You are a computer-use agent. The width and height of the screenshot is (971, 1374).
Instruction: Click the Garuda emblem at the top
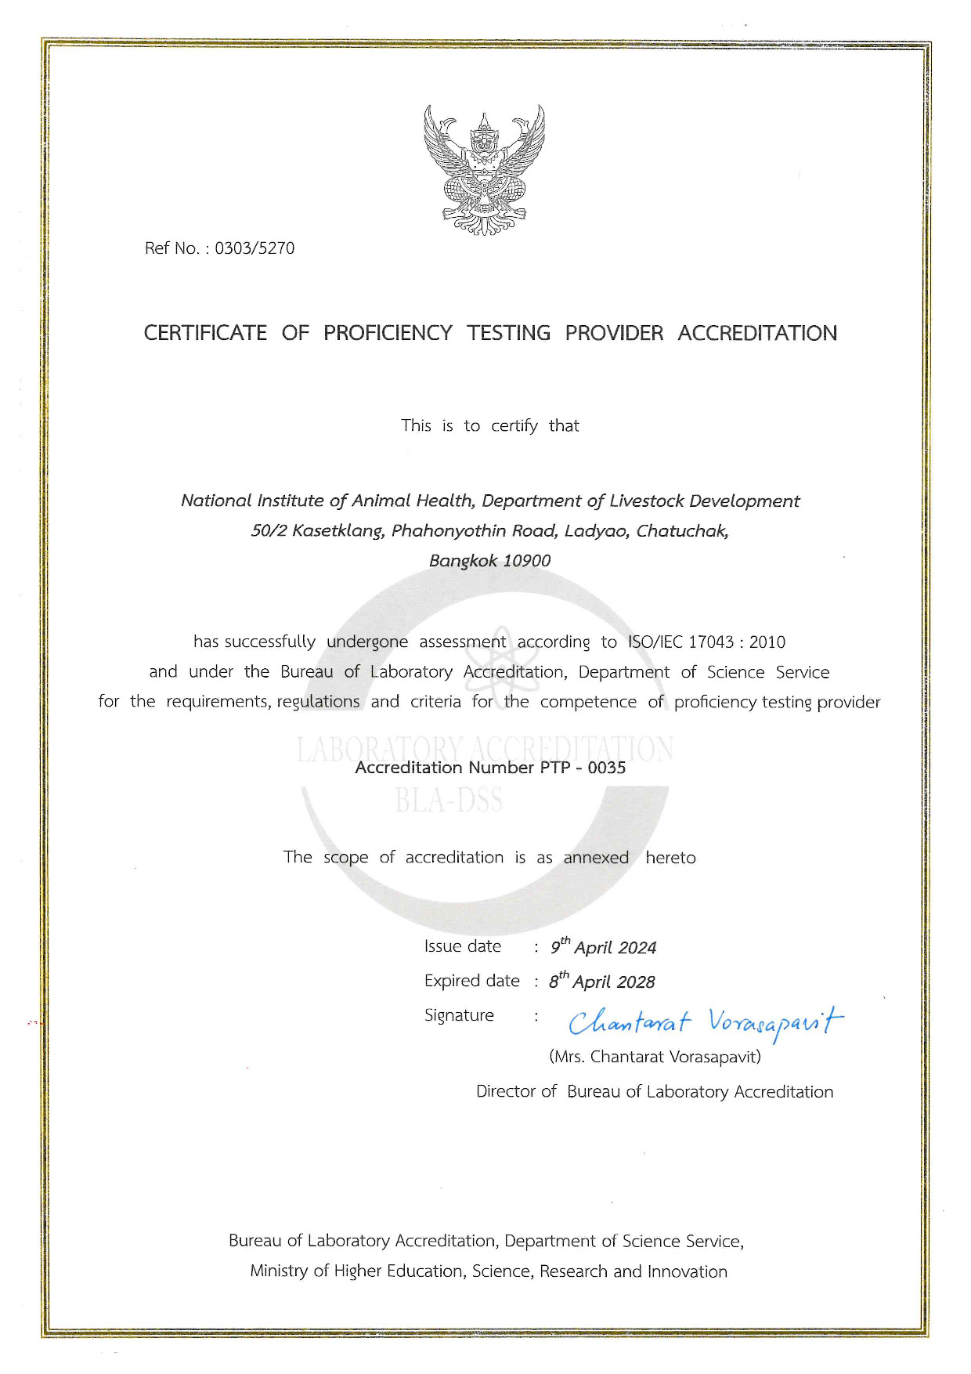pyautogui.click(x=485, y=170)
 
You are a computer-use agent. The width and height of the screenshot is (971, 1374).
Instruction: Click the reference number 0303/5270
pyautogui.click(x=254, y=248)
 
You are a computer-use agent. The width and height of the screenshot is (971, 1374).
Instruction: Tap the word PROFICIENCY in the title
pyautogui.click(x=388, y=333)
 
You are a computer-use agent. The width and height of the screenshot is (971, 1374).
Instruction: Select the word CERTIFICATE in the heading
pyautogui.click(x=205, y=333)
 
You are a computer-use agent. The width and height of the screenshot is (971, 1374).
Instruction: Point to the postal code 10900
pyautogui.click(x=526, y=561)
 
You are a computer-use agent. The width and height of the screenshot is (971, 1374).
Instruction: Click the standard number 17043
pyautogui.click(x=710, y=642)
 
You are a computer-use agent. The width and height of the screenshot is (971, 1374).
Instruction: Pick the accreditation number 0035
pyautogui.click(x=607, y=768)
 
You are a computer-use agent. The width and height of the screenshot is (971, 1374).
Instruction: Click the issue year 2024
pyautogui.click(x=636, y=948)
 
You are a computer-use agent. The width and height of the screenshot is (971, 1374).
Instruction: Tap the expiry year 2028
pyautogui.click(x=634, y=982)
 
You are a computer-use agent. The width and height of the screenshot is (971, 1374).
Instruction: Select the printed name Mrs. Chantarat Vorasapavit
pyautogui.click(x=655, y=1057)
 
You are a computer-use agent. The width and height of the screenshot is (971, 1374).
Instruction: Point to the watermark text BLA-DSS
pyautogui.click(x=449, y=801)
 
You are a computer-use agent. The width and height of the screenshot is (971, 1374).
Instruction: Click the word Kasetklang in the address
pyautogui.click(x=338, y=531)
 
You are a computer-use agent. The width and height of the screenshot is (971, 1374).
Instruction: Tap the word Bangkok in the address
pyautogui.click(x=463, y=561)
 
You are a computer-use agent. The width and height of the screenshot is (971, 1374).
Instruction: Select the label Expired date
pyautogui.click(x=471, y=981)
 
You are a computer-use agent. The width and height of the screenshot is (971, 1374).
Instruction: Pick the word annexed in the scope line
pyautogui.click(x=596, y=858)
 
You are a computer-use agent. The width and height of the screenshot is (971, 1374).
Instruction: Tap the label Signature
pyautogui.click(x=459, y=1015)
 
